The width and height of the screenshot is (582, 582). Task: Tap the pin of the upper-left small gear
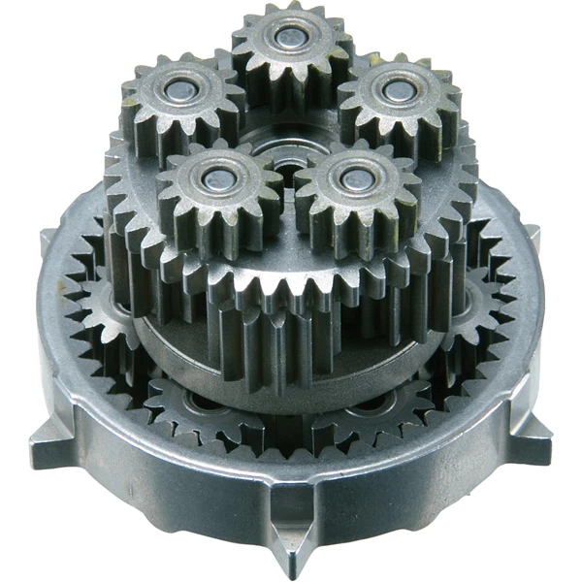click(x=179, y=90)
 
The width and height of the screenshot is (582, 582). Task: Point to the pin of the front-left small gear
click(x=212, y=178)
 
